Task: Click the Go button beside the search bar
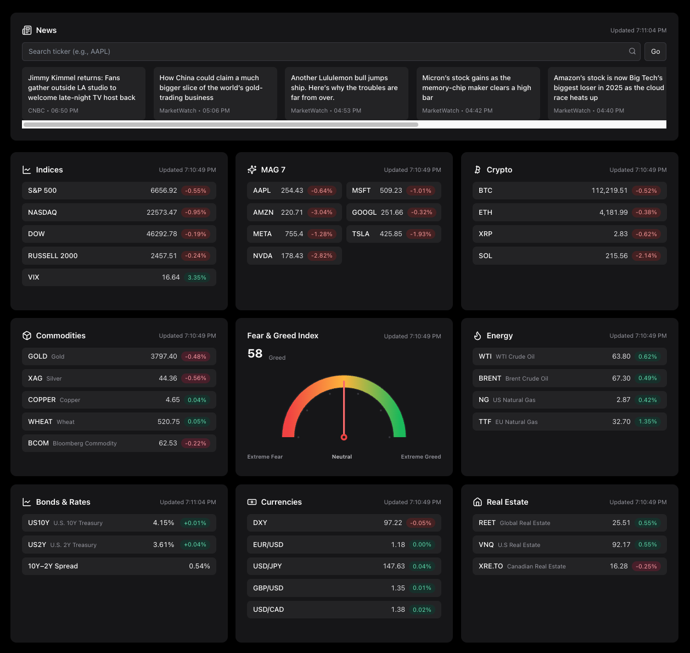655,52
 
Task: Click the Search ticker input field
324,52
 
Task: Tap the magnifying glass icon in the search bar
632,52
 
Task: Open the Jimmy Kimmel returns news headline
82,88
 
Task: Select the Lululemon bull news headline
345,88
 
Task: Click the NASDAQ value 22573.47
161,213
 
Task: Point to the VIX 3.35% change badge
197,278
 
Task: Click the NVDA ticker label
262,256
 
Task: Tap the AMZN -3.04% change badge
322,213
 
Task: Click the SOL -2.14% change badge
646,256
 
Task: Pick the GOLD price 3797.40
164,356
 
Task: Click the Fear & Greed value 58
255,354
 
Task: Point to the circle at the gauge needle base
344,437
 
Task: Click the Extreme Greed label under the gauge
420,457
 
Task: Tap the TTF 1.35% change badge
647,422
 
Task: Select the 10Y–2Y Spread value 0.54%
199,566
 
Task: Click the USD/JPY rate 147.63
394,566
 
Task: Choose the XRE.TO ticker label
490,566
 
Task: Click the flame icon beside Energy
477,336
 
